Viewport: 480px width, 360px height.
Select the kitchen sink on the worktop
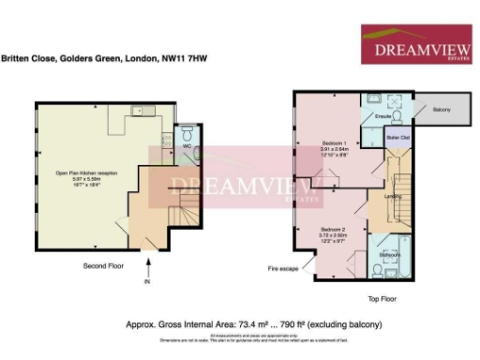coord(144,112)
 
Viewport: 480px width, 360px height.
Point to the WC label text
coord(187,146)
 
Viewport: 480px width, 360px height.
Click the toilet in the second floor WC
coord(187,132)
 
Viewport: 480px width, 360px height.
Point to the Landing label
coord(393,195)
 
